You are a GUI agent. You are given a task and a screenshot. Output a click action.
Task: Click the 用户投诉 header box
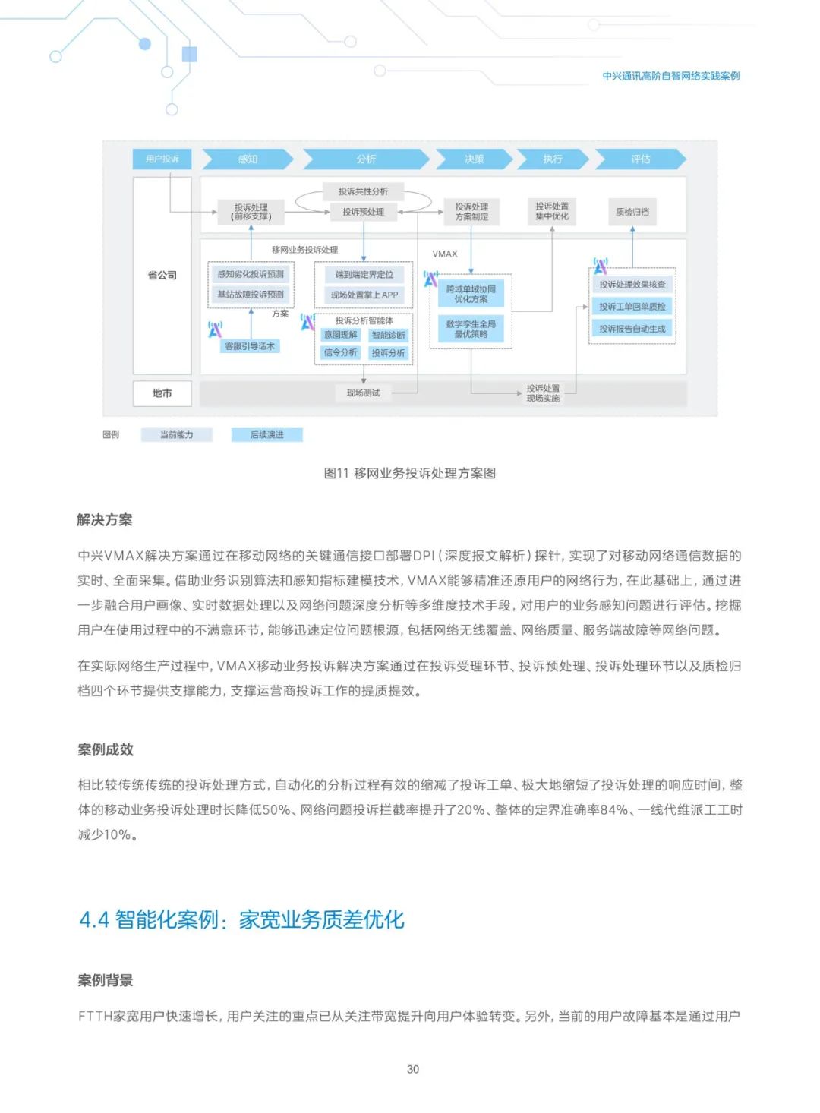click(x=162, y=159)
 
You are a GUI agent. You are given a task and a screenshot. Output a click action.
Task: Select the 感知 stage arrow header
click(x=248, y=159)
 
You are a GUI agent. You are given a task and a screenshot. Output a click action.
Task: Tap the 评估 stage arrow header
click(x=640, y=159)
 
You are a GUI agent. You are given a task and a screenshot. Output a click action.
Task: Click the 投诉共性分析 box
click(x=363, y=191)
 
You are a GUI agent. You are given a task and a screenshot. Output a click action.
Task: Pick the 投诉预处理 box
click(x=363, y=212)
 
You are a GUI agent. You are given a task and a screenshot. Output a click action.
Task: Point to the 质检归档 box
click(x=632, y=212)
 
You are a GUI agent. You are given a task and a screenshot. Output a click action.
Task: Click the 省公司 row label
click(x=162, y=275)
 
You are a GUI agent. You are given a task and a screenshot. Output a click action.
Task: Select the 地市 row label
click(x=162, y=393)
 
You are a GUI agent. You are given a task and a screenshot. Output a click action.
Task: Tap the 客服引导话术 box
click(x=250, y=346)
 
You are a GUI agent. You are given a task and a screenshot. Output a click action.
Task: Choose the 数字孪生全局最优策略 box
click(x=471, y=329)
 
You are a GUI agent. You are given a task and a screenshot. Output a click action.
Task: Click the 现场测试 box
click(x=363, y=393)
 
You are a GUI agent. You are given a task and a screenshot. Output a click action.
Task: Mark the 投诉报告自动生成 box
click(x=632, y=329)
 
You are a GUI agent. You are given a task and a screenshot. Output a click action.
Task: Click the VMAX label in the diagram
click(x=445, y=254)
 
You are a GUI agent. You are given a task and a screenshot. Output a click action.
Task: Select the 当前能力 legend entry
click(x=176, y=435)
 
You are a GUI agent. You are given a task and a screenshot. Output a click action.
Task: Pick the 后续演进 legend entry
click(x=266, y=435)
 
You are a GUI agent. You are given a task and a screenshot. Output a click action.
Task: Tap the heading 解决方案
click(x=105, y=520)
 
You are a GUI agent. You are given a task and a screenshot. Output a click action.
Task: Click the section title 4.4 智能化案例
click(x=241, y=919)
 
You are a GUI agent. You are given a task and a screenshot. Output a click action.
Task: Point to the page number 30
click(x=413, y=1069)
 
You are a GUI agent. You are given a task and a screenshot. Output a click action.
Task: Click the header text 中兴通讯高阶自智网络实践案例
click(x=670, y=76)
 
